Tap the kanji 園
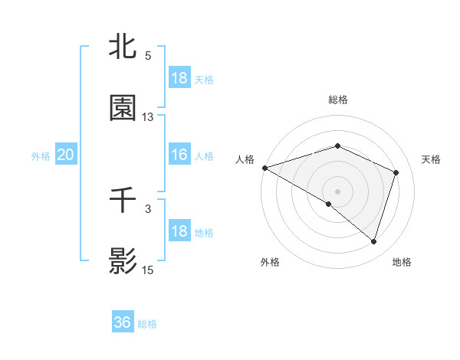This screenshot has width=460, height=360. [123, 108]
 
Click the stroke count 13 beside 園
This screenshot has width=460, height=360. [148, 117]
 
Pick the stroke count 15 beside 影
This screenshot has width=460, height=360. [148, 270]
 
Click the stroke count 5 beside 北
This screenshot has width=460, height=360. [148, 56]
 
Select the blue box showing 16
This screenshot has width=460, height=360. [179, 155]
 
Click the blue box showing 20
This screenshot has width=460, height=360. [65, 155]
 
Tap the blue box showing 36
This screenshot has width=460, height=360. [123, 322]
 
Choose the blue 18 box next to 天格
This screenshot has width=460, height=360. [179, 78]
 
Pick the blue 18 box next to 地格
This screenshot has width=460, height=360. [179, 231]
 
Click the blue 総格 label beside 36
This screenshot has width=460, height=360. [148, 324]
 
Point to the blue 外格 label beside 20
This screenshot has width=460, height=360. [41, 156]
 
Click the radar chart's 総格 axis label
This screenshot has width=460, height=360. [338, 100]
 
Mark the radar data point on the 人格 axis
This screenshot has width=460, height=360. [264, 168]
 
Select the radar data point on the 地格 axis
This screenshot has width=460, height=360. [374, 242]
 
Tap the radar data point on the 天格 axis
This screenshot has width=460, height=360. [396, 172]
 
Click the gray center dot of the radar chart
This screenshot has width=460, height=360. [338, 191]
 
